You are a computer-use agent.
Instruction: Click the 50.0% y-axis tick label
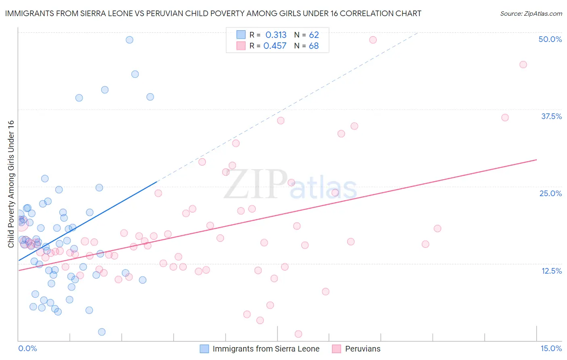[x=550, y=40]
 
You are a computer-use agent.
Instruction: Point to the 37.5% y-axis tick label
[x=551, y=117]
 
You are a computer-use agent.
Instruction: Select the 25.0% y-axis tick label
[x=550, y=194]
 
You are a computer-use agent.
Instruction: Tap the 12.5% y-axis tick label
[x=551, y=271]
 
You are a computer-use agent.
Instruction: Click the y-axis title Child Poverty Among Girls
[x=11, y=184]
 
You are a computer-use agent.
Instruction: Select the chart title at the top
[x=213, y=13]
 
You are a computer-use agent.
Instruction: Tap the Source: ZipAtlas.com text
[x=531, y=13]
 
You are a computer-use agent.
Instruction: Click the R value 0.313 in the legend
[x=276, y=35]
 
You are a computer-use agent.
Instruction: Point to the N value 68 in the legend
[x=314, y=46]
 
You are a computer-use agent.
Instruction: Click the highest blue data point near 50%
[x=129, y=40]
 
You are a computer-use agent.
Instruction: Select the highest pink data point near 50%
[x=373, y=40]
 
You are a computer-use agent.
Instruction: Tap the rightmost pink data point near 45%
[x=523, y=65]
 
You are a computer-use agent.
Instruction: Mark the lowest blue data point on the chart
[x=102, y=332]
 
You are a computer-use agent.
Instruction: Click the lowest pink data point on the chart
[x=298, y=334]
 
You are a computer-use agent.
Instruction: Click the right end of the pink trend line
[x=536, y=160]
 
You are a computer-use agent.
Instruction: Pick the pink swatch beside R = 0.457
[x=241, y=46]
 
